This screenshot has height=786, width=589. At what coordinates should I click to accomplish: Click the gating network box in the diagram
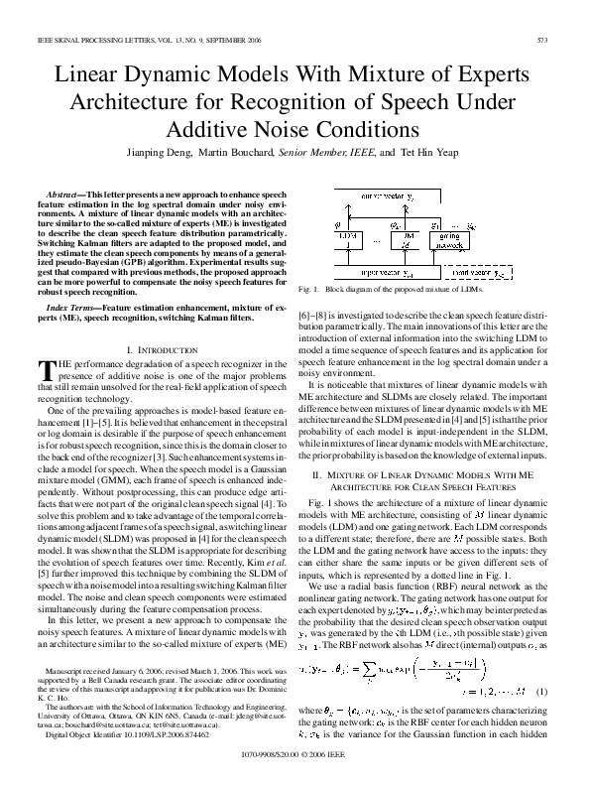449,240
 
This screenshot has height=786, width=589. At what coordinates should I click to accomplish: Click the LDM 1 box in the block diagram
346,239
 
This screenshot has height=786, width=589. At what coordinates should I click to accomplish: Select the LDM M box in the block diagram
401,239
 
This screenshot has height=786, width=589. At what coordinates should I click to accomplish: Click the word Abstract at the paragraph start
66,191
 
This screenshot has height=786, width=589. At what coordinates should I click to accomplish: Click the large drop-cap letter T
44,369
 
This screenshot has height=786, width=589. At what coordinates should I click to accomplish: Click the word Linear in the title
97,77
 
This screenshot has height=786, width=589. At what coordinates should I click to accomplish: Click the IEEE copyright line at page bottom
294,755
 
